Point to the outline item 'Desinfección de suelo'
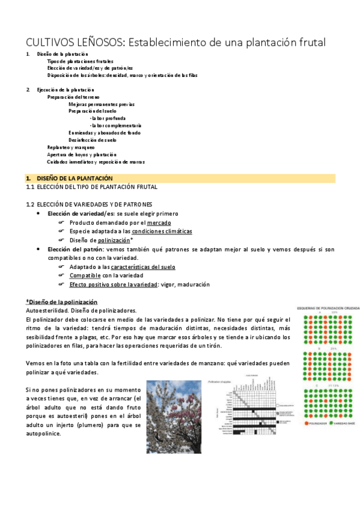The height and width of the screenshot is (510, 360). point(92,140)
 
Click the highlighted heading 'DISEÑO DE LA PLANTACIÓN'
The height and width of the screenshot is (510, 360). point(75,179)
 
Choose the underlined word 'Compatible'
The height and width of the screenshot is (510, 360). point(85,275)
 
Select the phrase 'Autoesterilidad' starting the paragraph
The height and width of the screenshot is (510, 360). point(46,310)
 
